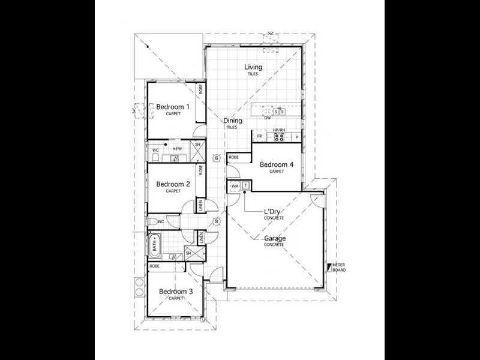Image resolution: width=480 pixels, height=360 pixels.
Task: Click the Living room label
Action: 253,67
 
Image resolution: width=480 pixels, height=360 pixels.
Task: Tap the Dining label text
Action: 232,121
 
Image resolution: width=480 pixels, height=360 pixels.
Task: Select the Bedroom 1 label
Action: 173,107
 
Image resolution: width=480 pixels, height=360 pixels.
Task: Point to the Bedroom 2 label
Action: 173,184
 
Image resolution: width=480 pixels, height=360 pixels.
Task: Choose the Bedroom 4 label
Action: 277,164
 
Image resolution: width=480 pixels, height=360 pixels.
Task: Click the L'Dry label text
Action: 274,212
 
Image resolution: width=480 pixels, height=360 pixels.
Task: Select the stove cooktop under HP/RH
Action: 279,137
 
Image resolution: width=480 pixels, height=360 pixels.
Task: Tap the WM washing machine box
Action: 235,187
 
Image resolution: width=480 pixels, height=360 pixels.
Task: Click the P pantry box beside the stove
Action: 296,138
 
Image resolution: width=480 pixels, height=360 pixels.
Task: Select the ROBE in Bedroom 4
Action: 234,157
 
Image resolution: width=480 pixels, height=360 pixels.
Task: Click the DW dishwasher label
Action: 267,118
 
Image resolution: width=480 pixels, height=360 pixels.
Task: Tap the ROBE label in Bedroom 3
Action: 154,265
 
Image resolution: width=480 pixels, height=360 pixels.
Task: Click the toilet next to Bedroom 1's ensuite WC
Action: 155,158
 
